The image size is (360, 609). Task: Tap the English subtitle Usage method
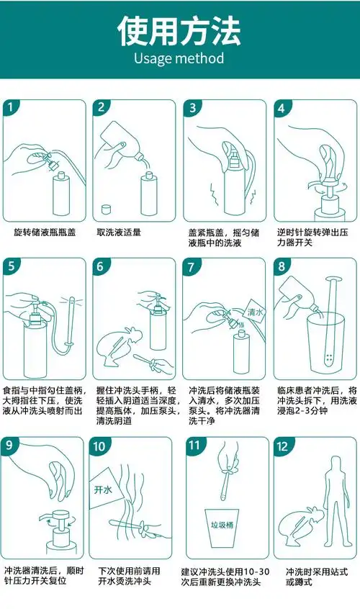[x=179, y=58]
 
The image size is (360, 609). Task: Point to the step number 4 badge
[x=282, y=108]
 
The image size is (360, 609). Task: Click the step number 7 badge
[x=192, y=266]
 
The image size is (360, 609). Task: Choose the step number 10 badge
[x=100, y=446]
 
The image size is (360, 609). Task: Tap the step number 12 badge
[x=282, y=446]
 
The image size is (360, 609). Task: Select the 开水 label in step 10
[x=102, y=490]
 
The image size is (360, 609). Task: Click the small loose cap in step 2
[x=106, y=209]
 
